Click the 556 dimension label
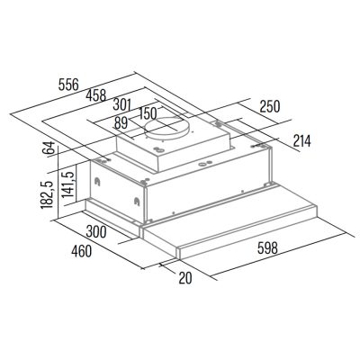68,85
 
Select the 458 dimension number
96,95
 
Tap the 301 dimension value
122,104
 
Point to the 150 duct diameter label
148,113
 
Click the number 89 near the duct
121,123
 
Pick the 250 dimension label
270,106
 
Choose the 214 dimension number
301,140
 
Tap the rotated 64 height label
49,148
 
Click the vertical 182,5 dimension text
47,195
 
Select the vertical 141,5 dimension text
68,184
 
